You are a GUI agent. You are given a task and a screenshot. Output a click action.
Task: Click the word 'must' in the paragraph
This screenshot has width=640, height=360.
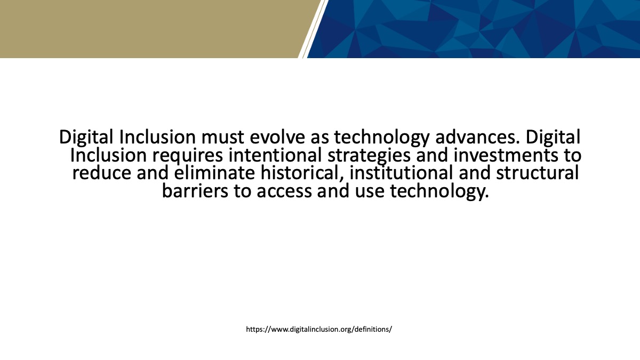tap(222, 137)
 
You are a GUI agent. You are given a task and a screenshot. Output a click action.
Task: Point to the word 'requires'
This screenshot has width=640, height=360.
tap(187, 156)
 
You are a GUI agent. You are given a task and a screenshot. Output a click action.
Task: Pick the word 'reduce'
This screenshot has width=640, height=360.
tap(101, 173)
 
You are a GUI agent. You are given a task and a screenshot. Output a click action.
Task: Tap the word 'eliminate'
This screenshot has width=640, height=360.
tap(214, 173)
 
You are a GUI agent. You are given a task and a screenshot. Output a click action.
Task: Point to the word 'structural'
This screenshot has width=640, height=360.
tap(538, 173)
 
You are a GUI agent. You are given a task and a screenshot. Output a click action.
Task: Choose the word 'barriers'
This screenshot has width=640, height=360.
tap(195, 191)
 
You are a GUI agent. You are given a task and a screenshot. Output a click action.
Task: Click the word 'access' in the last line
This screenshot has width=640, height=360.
tap(284, 191)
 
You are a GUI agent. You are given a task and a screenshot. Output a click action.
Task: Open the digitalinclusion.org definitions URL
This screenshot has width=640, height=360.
tap(319, 330)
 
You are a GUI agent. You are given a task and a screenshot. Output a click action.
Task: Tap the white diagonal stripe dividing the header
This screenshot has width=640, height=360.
tap(313, 29)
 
